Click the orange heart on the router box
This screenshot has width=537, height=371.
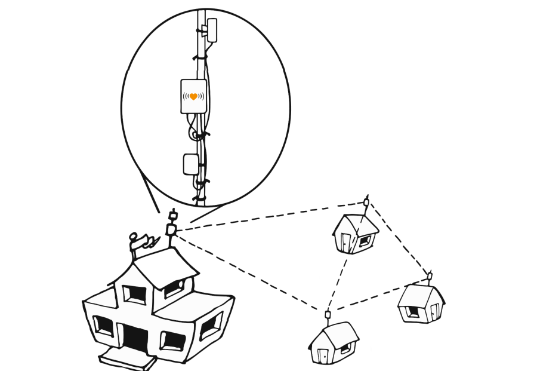pos(193,96)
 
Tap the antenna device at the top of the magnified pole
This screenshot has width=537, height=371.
pos(211,27)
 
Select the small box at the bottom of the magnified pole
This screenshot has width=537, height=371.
pos(190,164)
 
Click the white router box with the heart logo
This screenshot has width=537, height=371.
pos(193,96)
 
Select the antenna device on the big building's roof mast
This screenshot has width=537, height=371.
pos(172,228)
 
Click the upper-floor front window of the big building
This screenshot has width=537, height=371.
pos(134,294)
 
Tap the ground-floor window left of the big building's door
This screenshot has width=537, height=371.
pos(103,326)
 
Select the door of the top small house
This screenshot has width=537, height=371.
pos(347,242)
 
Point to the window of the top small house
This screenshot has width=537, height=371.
pos(365,241)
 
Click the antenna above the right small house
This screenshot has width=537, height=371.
pos(429,276)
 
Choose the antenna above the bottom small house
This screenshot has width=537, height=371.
pos(327,315)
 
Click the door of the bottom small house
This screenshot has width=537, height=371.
pos(323,355)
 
